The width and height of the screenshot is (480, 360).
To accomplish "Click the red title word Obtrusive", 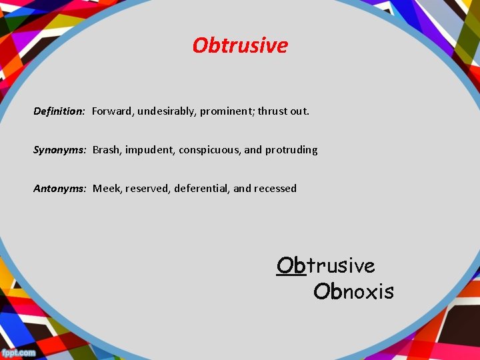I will pyautogui.click(x=240, y=45).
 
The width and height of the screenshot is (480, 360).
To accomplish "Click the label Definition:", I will pyautogui.click(x=59, y=111).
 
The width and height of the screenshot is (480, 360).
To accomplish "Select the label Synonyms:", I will pyautogui.click(x=60, y=150).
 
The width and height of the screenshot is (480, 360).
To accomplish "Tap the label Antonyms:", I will pyautogui.click(x=60, y=189).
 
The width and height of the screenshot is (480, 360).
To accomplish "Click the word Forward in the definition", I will pyautogui.click(x=112, y=111).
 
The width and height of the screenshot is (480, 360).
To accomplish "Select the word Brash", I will pyautogui.click(x=106, y=150).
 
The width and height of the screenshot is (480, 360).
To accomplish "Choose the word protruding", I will pyautogui.click(x=291, y=150).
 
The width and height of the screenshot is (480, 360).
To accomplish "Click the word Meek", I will pyautogui.click(x=105, y=189).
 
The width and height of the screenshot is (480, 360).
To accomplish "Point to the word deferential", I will pyautogui.click(x=202, y=189).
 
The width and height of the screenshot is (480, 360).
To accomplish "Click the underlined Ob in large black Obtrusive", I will pyautogui.click(x=291, y=266).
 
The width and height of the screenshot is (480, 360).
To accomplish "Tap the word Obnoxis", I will pyautogui.click(x=353, y=292).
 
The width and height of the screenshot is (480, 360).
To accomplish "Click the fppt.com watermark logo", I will pyautogui.click(x=19, y=352).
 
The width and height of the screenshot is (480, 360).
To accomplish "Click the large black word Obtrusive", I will pyautogui.click(x=326, y=266).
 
